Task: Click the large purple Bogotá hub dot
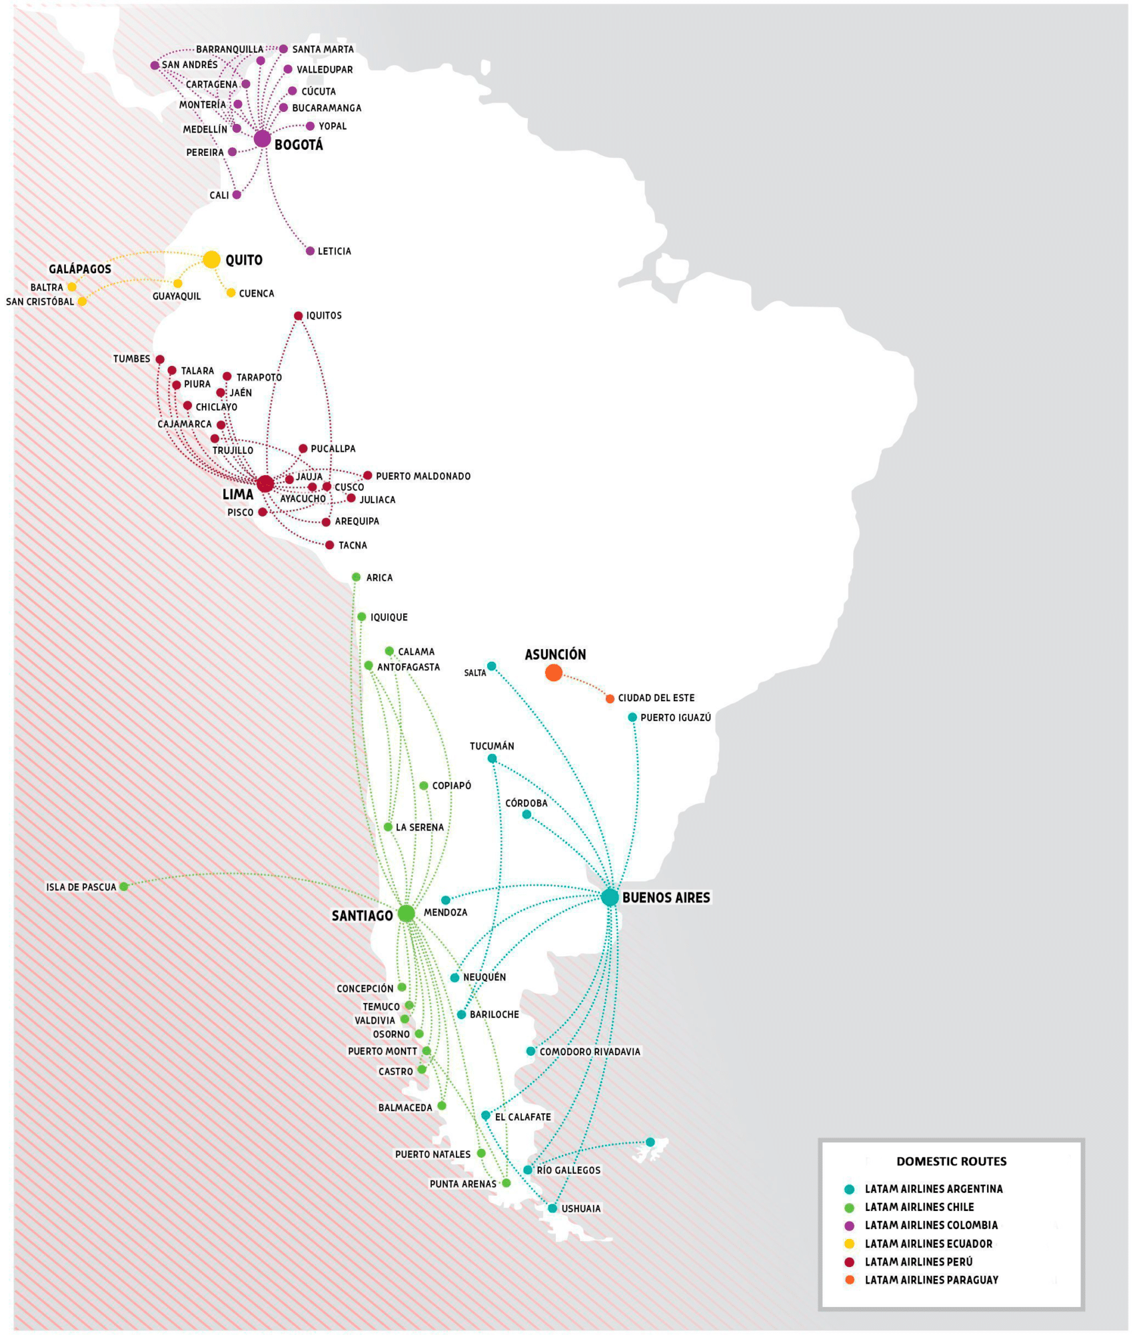[x=262, y=139]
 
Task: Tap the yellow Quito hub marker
[x=211, y=259]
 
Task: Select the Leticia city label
[x=334, y=251]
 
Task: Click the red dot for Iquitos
[x=298, y=316]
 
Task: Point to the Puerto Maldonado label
[x=423, y=476]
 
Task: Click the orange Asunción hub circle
[x=553, y=672]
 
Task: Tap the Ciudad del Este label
[x=656, y=698]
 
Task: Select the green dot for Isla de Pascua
[x=123, y=886]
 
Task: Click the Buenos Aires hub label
[x=666, y=898]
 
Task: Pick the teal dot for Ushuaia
[x=552, y=1208]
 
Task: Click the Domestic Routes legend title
[x=951, y=1161]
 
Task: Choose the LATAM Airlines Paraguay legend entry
[x=931, y=1280]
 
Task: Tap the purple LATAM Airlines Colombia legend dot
[x=849, y=1225]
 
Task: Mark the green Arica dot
[x=356, y=577]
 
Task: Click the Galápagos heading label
[x=80, y=269]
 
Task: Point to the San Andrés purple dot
[x=155, y=65]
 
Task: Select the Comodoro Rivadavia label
[x=589, y=1052]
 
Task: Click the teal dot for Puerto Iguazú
[x=632, y=717]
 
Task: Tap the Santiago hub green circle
[x=406, y=914]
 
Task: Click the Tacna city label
[x=353, y=545]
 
